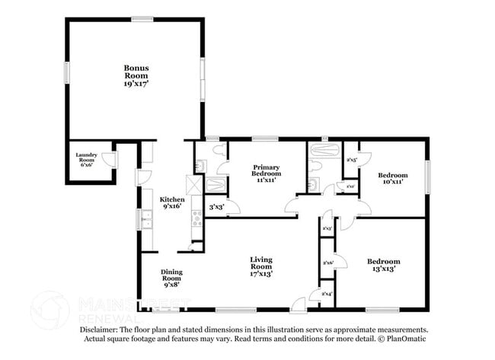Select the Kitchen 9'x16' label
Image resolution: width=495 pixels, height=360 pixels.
click(x=172, y=202)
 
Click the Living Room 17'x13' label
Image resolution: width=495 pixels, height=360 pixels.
click(x=261, y=266)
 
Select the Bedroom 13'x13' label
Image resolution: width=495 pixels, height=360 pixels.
click(x=383, y=265)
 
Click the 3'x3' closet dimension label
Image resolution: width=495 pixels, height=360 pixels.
click(x=216, y=206)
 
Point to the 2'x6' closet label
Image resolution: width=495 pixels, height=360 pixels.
click(x=328, y=263)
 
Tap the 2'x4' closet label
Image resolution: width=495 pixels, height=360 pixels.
click(x=327, y=294)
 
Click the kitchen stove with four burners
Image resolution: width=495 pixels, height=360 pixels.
click(x=197, y=218)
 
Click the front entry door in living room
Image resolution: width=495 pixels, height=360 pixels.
click(x=299, y=304)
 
